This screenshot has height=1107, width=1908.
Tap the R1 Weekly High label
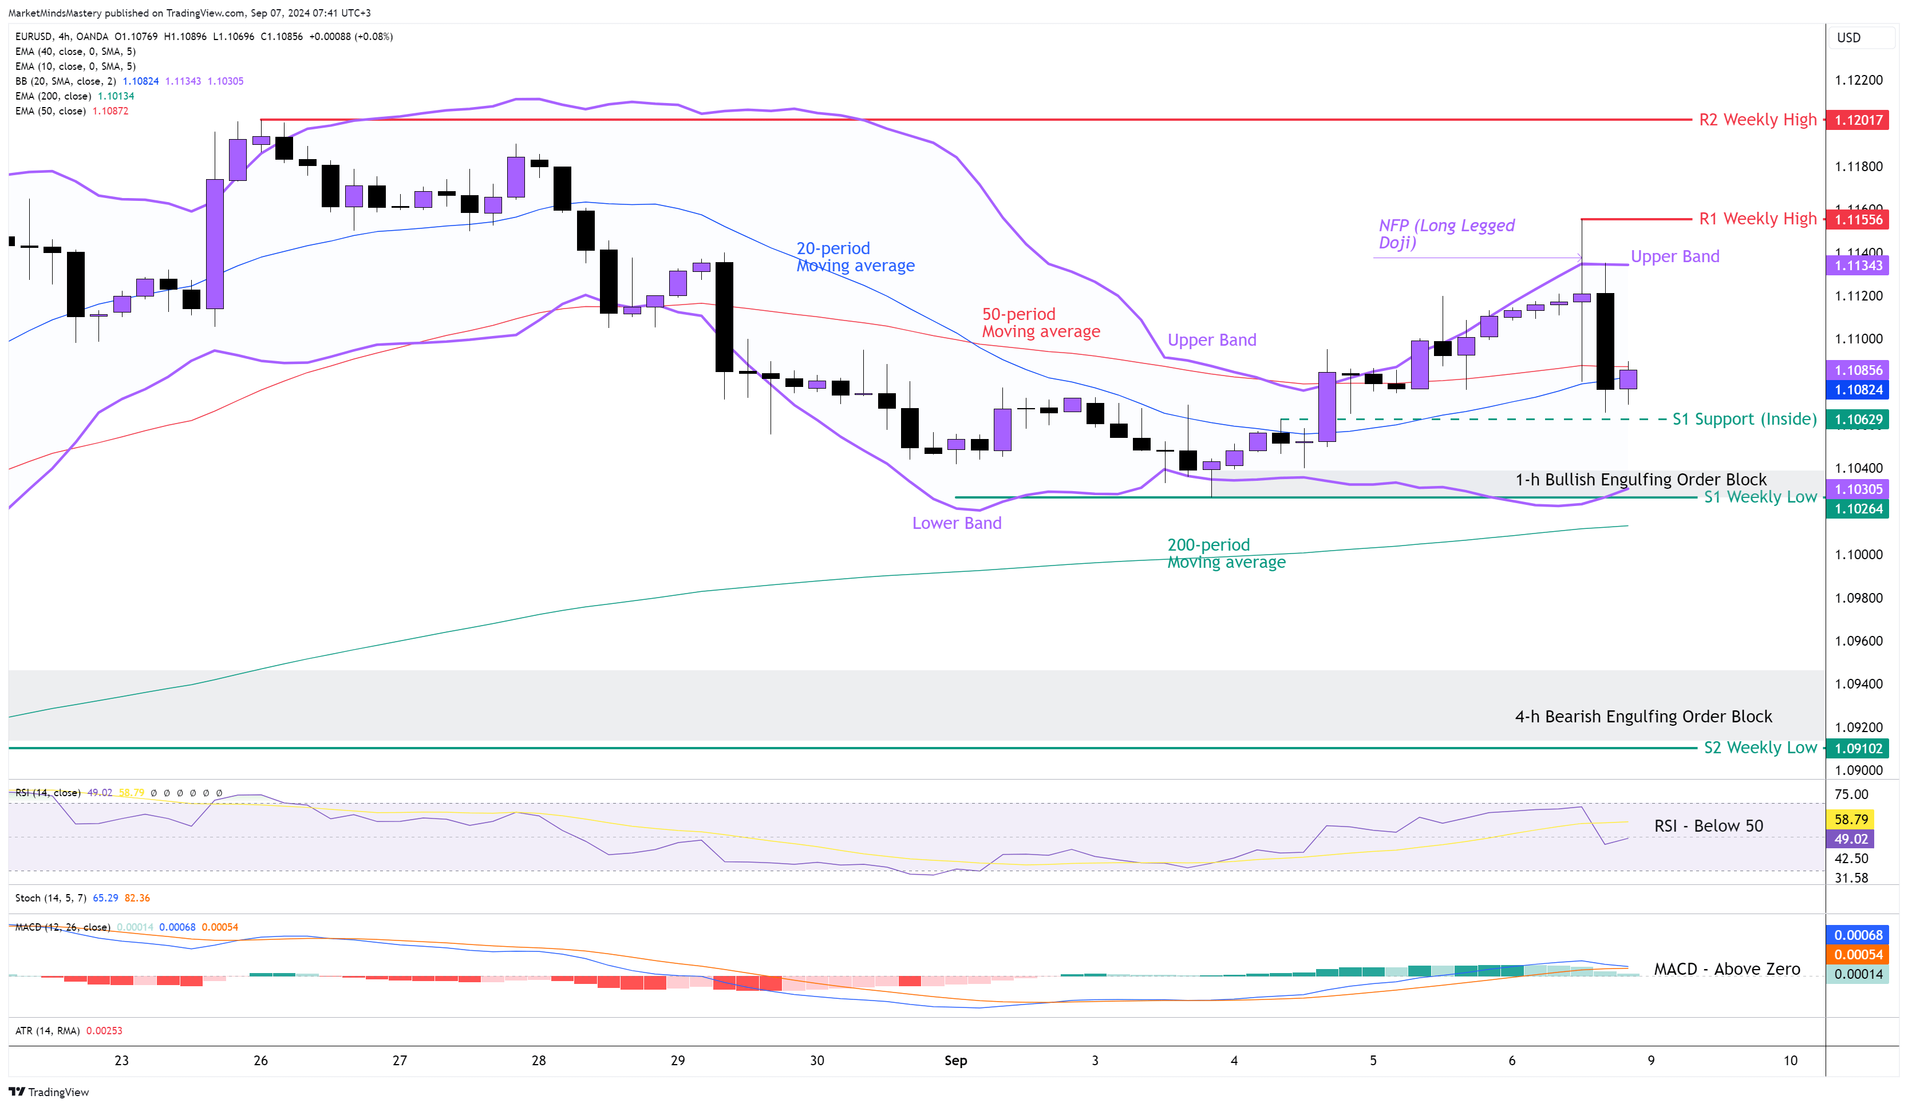[1757, 219]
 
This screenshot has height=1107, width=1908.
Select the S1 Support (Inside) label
[1744, 419]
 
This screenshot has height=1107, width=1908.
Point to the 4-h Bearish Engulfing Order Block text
[1643, 716]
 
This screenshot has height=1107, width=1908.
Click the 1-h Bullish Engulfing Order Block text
[1640, 479]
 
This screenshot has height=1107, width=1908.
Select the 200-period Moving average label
[1226, 553]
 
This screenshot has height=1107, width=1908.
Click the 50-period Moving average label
[1040, 323]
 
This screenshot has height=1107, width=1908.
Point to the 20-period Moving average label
[855, 256]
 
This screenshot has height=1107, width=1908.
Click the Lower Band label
[956, 523]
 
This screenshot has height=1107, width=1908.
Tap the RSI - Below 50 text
[1708, 825]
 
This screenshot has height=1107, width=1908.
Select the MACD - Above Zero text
[1727, 968]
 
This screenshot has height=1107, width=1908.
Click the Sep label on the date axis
[955, 1060]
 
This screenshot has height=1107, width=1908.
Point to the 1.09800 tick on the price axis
[1858, 598]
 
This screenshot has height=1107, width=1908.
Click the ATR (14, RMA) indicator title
[47, 1030]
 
